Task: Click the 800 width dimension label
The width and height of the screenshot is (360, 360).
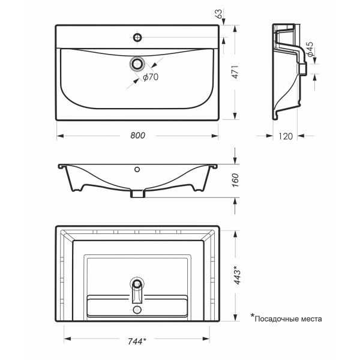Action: coord(138,136)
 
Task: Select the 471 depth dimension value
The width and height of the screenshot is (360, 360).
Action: coord(235,72)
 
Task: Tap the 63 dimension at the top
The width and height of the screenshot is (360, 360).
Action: coord(219,14)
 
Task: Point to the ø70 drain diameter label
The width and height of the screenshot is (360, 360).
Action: coord(151,77)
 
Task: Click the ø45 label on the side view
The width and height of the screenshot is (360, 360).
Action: coord(310,49)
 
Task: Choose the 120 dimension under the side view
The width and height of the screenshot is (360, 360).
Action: coord(286,136)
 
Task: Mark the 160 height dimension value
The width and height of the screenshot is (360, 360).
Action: coord(235,180)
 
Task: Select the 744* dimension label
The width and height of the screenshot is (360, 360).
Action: coord(137,341)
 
